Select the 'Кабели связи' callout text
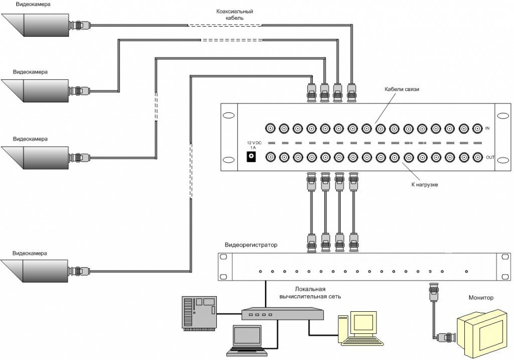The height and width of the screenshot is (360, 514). click(402, 89)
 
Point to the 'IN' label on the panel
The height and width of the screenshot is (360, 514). click(487, 129)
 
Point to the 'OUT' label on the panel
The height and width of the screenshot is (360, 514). click(490, 158)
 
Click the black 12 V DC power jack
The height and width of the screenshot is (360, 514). click(251, 157)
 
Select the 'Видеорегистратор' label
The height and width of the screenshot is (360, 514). click(251, 246)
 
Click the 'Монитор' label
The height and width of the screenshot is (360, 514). click(481, 298)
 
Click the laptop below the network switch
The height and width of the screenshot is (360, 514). click(246, 339)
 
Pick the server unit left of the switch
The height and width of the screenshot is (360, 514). click(199, 313)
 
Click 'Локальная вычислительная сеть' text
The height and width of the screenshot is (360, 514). click(310, 293)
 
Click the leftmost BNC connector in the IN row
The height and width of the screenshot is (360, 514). click(270, 129)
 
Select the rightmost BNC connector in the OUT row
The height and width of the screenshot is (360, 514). click(477, 157)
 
